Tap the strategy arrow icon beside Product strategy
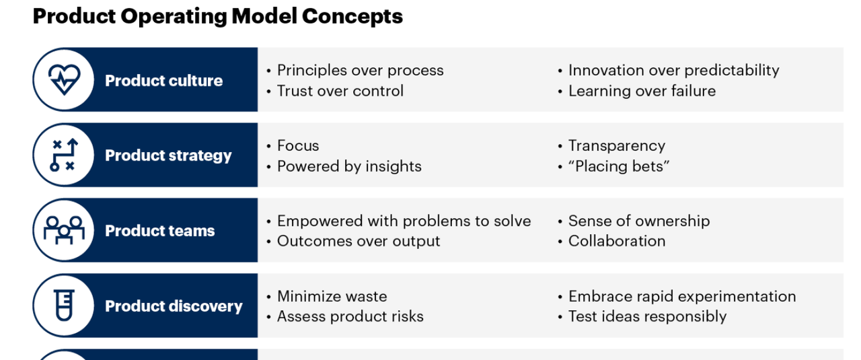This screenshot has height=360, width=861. click(64, 155)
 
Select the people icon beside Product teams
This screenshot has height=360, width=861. click(64, 230)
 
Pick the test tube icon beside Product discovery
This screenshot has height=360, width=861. click(64, 305)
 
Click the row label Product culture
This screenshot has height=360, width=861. click(163, 81)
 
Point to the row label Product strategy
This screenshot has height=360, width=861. click(168, 156)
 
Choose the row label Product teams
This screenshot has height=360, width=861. click(160, 231)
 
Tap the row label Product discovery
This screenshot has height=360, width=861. click(174, 307)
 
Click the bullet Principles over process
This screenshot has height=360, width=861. click(360, 71)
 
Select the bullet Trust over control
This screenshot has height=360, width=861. click(340, 91)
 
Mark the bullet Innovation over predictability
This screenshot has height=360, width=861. click(674, 71)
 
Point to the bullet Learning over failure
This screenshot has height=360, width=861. click(642, 91)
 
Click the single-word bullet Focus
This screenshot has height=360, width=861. click(298, 146)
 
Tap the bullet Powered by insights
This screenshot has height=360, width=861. click(349, 166)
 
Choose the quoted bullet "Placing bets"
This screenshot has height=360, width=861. click(619, 166)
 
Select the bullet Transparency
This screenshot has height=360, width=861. click(617, 146)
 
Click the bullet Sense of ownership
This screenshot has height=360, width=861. click(639, 221)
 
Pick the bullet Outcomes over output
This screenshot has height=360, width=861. click(359, 241)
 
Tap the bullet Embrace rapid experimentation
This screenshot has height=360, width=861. click(682, 297)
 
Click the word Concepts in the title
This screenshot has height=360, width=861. click(352, 17)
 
